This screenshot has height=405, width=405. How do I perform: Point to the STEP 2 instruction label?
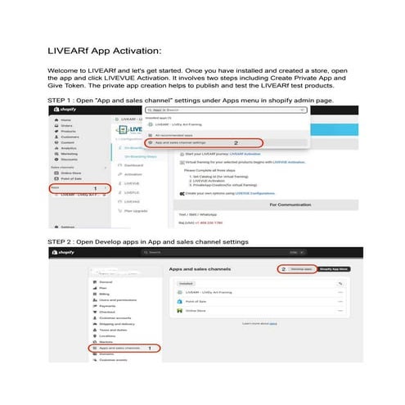coord(147,242)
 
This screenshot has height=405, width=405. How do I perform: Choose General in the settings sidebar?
coord(106,281)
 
